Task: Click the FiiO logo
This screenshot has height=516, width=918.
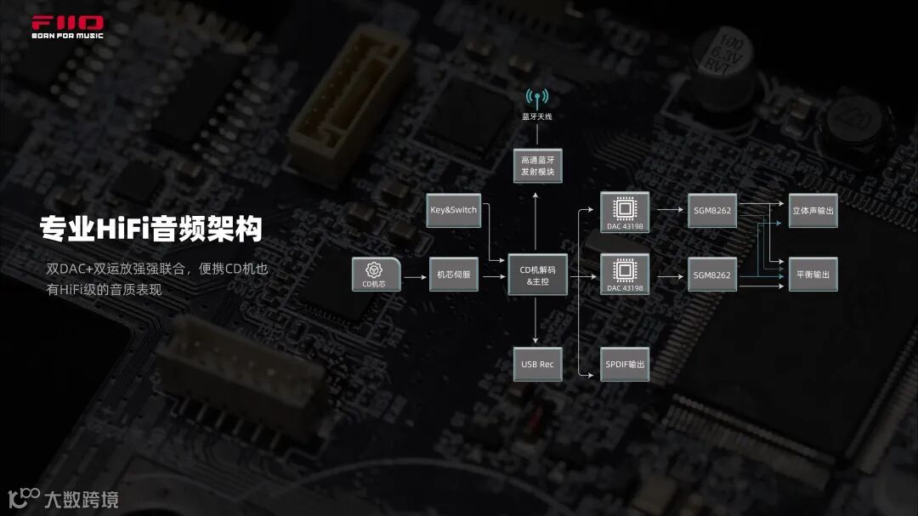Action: coord(67,26)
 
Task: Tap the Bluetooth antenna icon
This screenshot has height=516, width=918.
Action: coord(537,97)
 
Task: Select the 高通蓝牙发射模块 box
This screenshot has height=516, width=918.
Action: coord(537,165)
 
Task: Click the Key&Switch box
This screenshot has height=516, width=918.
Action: coord(454,210)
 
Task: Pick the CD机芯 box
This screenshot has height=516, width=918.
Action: coord(376,275)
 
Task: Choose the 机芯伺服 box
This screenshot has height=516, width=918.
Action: coord(454,275)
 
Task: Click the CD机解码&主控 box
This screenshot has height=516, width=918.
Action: coord(537,275)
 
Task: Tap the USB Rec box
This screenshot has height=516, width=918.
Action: coord(537,364)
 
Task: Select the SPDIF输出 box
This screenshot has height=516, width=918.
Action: coord(625,364)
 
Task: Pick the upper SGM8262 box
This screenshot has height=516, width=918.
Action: coord(712,210)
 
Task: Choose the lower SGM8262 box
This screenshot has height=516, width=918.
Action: coord(712,275)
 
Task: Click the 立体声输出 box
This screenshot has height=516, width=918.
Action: coord(813,210)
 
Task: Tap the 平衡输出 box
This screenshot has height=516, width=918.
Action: coord(813,275)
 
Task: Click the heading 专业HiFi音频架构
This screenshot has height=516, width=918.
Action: coord(150,228)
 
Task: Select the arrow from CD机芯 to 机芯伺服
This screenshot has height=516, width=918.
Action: coord(415,275)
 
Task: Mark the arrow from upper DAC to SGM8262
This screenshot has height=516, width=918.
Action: coord(669,210)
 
